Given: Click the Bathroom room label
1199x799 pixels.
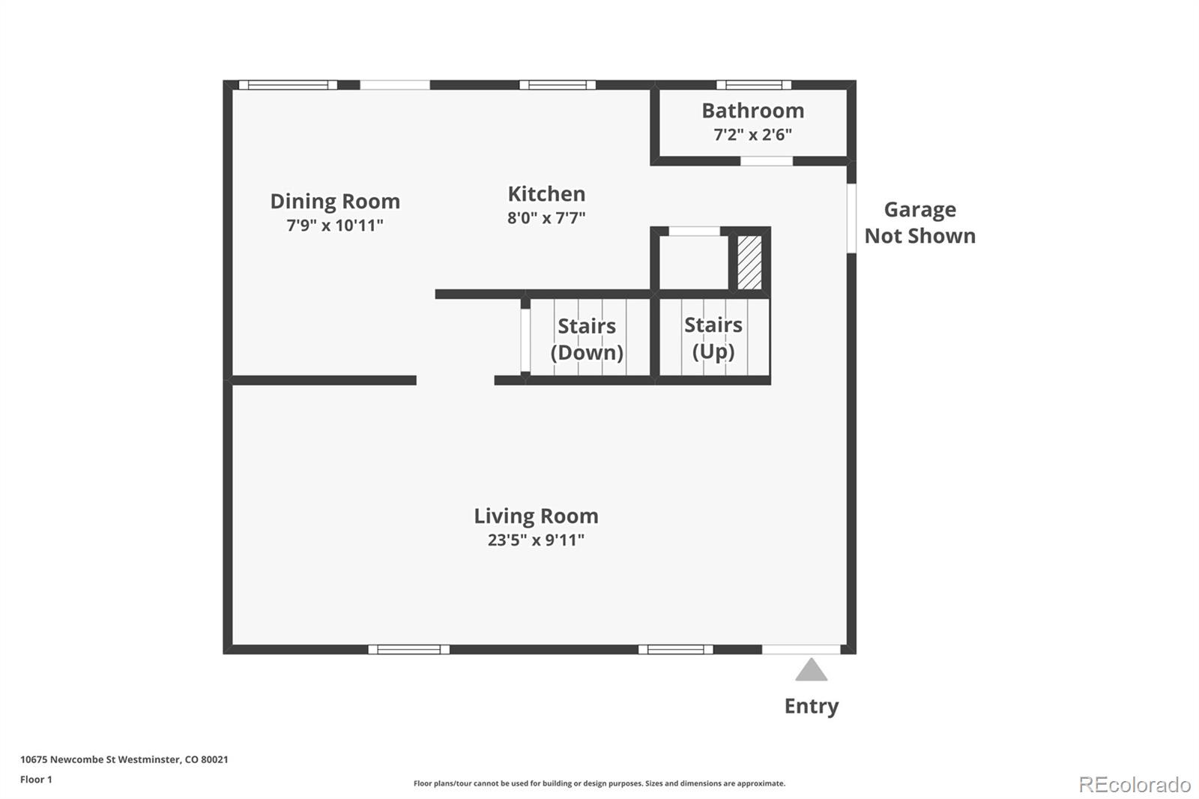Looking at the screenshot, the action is pos(752,111).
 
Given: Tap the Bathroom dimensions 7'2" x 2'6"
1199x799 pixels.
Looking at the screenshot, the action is pos(752,134).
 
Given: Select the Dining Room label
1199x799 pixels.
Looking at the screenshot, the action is pos(335,202).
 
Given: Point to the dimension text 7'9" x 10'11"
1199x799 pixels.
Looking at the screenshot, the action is pos(335,225).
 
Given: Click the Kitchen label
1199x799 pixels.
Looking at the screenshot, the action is pos(546,194).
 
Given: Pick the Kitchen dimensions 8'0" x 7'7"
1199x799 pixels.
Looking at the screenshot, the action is pos(546,218).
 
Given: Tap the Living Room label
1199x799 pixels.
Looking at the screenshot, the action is pos(537,516).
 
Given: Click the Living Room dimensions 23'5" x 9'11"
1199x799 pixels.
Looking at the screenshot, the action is pos(537,540).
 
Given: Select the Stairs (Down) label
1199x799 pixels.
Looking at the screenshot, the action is pos(588,340).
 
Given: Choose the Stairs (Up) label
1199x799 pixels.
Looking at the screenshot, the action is pos(713,339).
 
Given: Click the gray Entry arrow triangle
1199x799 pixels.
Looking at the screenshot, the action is pos(812,670).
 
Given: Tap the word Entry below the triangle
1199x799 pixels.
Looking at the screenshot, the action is pos(812,706).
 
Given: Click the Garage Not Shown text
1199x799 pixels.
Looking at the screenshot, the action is pos(920,223).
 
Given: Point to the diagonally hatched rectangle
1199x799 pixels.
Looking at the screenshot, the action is pos(750,263).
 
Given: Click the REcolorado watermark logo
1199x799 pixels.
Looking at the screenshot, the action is pos(1135,785).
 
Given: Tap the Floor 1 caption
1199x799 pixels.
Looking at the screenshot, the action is pos(37,780).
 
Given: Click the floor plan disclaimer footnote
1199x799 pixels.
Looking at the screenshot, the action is pos(599,783).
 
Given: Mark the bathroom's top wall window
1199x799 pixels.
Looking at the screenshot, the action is pos(754,85).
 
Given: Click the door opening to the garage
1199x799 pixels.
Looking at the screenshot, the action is pos(851,219).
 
